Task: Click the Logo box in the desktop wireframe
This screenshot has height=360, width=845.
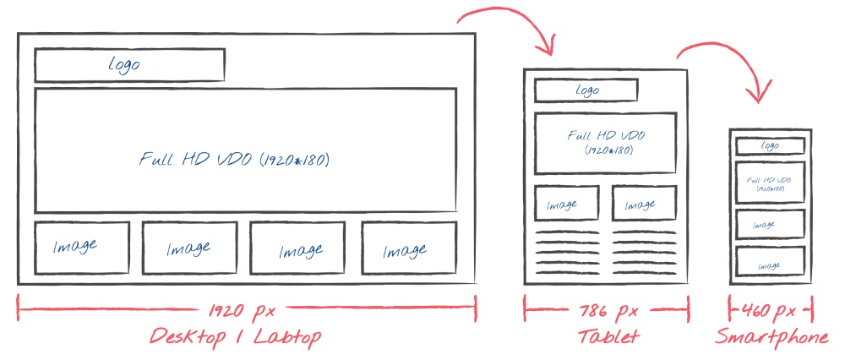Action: (x=130, y=65)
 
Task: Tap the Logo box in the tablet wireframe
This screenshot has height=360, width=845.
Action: (x=586, y=90)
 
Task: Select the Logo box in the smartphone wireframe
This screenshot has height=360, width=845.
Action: (x=770, y=146)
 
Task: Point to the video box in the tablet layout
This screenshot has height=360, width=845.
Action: (x=605, y=144)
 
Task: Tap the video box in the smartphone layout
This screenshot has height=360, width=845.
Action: (x=770, y=183)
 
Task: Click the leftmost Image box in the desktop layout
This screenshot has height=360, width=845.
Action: (x=82, y=248)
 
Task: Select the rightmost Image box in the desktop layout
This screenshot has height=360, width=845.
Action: (x=409, y=248)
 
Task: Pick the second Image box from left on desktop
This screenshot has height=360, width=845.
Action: (x=189, y=248)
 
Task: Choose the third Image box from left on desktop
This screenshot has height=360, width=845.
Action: (x=297, y=248)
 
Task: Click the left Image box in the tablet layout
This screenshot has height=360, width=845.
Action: (x=566, y=203)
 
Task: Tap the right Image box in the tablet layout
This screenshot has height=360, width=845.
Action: (x=645, y=203)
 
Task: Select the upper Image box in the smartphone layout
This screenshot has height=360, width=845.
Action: (x=770, y=224)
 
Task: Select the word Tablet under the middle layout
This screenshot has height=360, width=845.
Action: (x=608, y=337)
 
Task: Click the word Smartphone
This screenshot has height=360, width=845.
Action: (x=771, y=337)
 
